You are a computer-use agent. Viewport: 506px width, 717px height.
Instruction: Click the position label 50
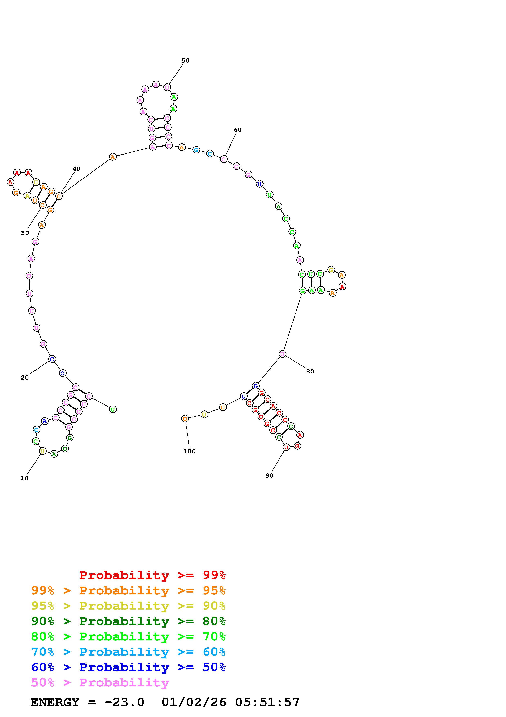pyautogui.click(x=186, y=60)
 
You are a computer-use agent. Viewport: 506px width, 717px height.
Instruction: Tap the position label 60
pyautogui.click(x=238, y=130)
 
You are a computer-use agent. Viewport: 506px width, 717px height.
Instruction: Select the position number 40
pyautogui.click(x=76, y=169)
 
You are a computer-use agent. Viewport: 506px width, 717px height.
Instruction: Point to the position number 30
pyautogui.click(x=25, y=233)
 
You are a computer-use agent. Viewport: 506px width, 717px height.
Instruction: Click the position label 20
pyautogui.click(x=25, y=378)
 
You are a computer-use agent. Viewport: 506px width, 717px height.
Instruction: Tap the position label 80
pyautogui.click(x=310, y=371)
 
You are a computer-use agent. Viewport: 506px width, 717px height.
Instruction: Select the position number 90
pyautogui.click(x=270, y=476)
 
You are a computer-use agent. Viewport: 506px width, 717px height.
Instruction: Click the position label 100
pyautogui.click(x=190, y=451)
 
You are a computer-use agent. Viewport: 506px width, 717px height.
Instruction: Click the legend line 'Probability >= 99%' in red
pyautogui.click(x=152, y=575)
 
